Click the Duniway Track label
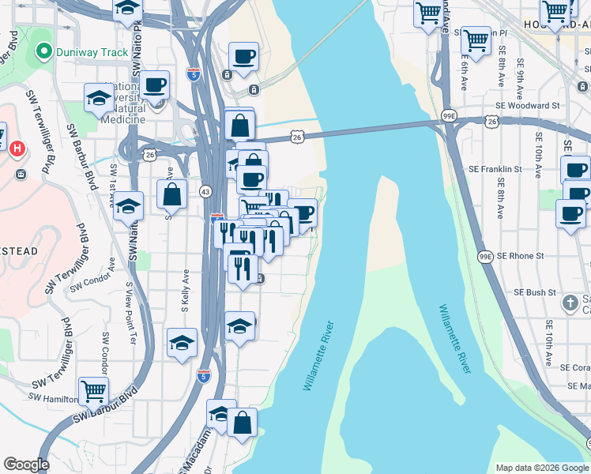[92, 53]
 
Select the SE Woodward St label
[527, 105]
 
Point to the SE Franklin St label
[495, 169]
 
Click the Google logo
[25, 465]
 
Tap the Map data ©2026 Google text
[541, 468]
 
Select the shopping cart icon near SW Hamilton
[93, 390]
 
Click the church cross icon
[570, 303]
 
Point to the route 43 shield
[205, 191]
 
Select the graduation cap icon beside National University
[100, 98]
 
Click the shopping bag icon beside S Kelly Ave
[171, 194]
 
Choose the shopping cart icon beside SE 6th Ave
[476, 39]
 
